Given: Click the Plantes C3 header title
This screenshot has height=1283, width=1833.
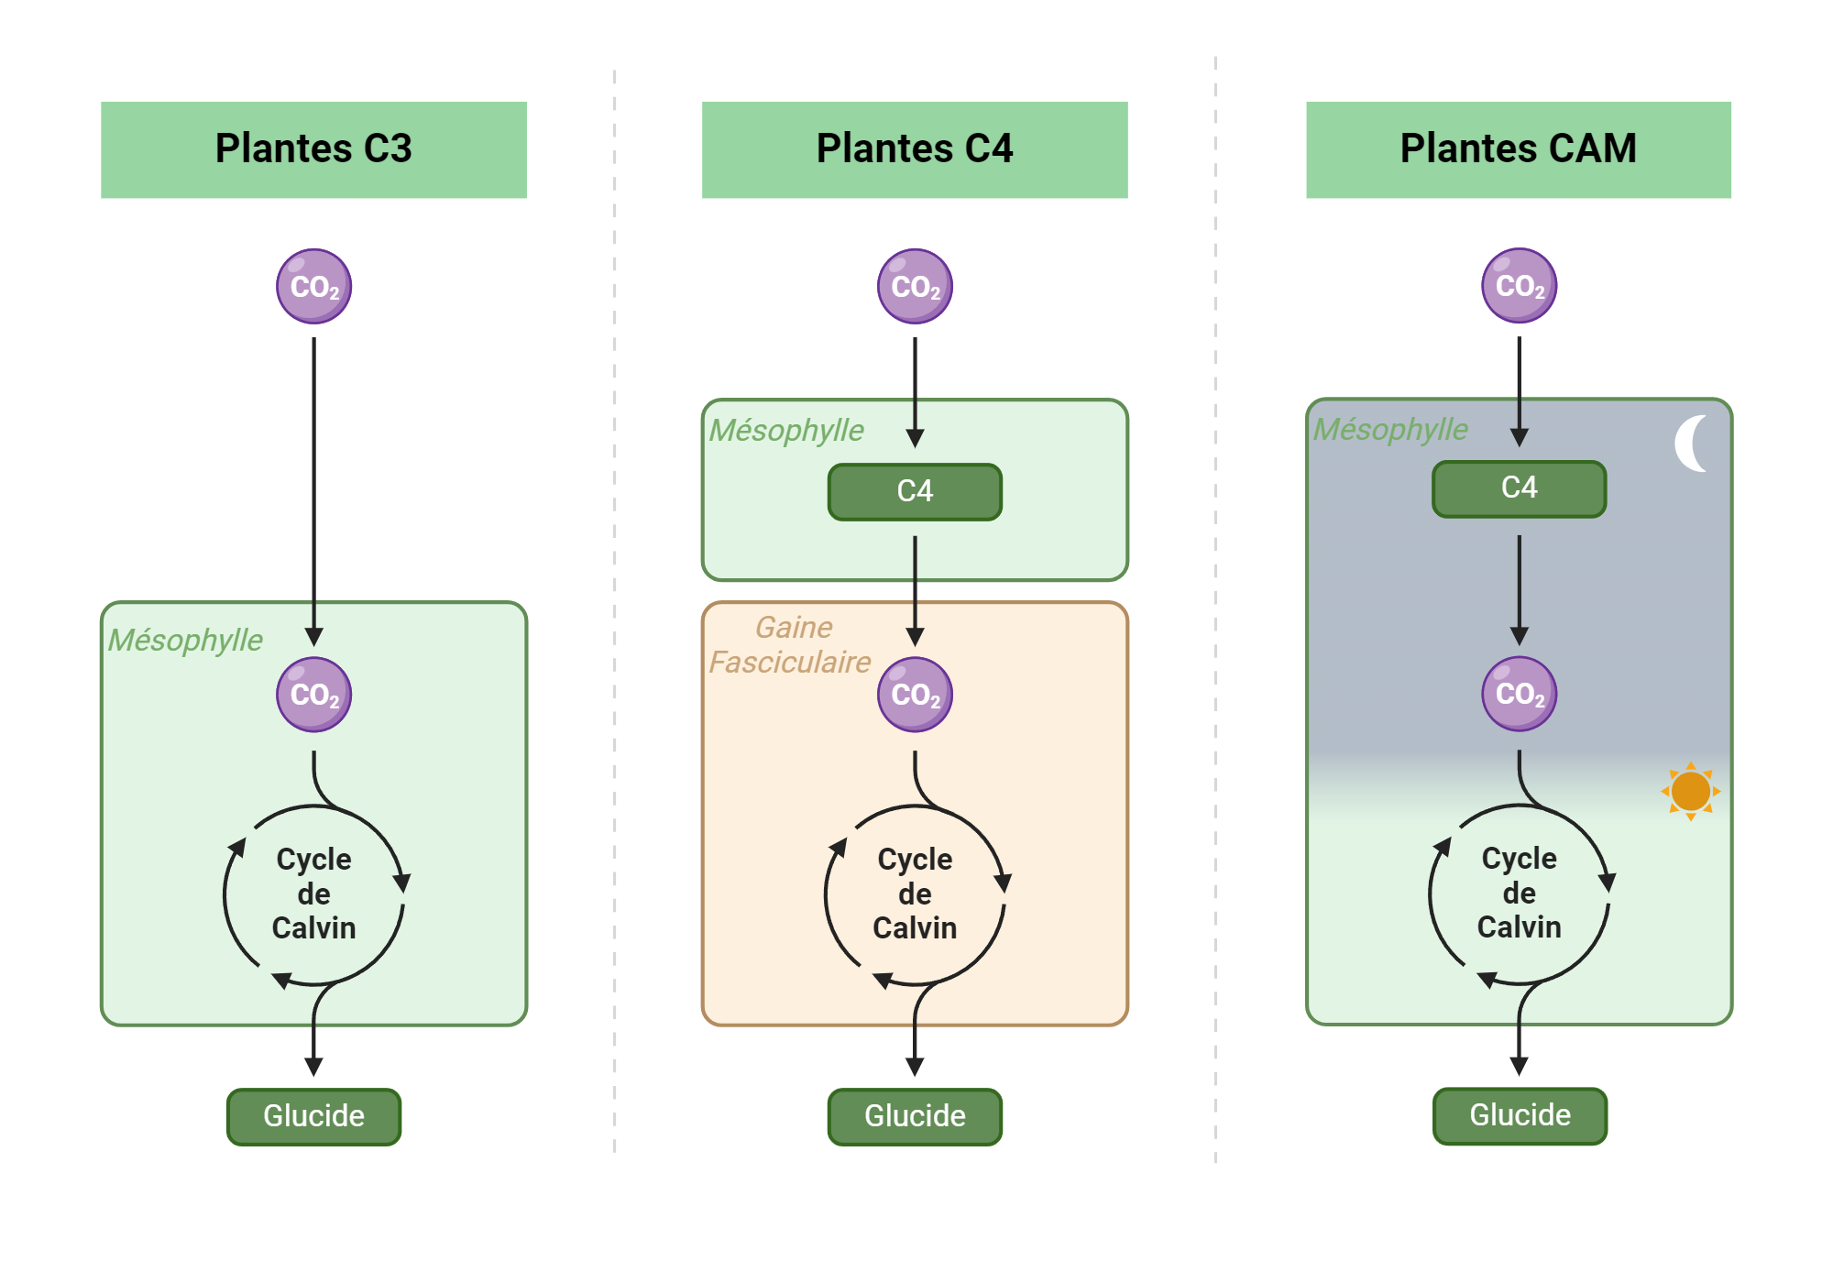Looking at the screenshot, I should (x=313, y=148).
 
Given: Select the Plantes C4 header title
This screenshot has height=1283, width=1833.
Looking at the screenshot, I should (x=915, y=148).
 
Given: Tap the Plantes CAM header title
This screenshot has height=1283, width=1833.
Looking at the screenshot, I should (x=1518, y=148).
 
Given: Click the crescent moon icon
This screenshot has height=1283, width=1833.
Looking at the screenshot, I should (x=1691, y=444).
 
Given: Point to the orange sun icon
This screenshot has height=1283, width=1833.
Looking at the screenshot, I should (x=1690, y=791).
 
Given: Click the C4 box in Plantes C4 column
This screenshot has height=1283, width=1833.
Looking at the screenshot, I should (x=915, y=492).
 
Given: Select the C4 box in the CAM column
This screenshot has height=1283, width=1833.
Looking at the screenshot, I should (x=1519, y=488).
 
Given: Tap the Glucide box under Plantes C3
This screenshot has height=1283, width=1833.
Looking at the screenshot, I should (x=313, y=1116).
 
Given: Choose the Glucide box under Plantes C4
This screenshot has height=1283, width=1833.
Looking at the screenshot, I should (x=915, y=1116).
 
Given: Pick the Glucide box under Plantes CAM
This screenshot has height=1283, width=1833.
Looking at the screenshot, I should (x=1520, y=1115).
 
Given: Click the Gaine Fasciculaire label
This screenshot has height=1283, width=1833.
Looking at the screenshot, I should (x=790, y=645).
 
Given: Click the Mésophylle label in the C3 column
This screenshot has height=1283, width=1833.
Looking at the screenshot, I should (x=185, y=640).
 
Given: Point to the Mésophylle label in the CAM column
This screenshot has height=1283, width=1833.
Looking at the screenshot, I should (x=1390, y=429).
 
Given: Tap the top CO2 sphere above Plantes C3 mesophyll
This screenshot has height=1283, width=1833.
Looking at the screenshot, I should (x=314, y=287).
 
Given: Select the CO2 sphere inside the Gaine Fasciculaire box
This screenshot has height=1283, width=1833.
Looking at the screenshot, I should (x=915, y=695).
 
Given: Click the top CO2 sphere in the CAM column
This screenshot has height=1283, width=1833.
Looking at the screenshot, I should (x=1519, y=286).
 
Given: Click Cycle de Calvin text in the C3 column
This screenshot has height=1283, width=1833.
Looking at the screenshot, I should (x=313, y=894).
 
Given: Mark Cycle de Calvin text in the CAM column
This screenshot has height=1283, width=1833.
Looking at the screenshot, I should (x=1519, y=893).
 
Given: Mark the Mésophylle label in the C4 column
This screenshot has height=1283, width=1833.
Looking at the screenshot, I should (x=786, y=430).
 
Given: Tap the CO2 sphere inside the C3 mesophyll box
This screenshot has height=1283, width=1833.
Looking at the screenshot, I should (x=314, y=695).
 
